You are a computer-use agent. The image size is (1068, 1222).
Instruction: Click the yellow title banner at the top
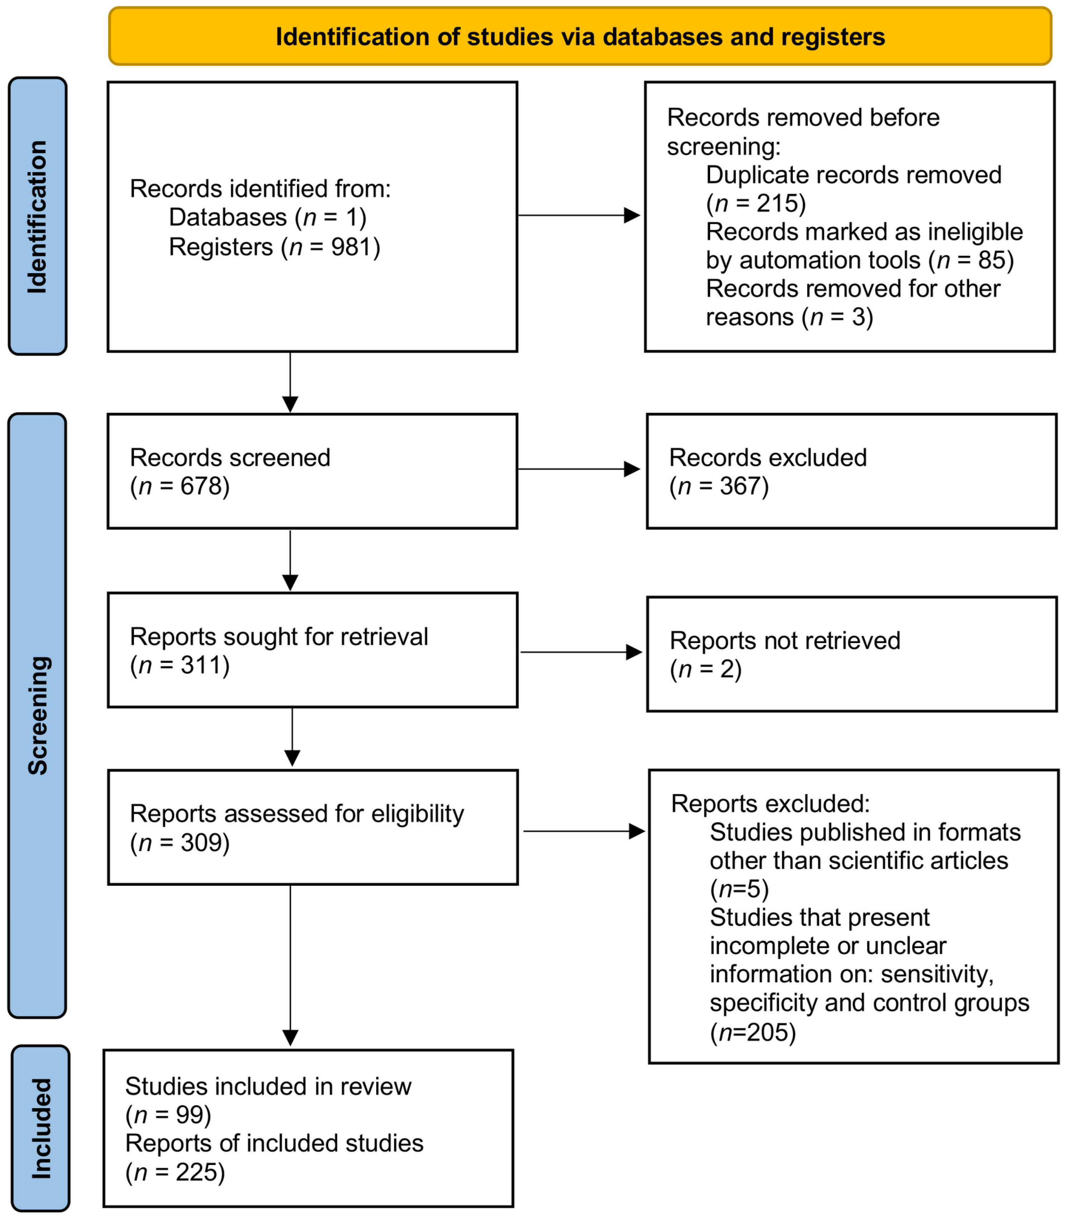580,36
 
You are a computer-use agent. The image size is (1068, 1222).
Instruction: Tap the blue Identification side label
38,216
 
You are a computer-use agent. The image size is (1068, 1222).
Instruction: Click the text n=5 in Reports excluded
739,889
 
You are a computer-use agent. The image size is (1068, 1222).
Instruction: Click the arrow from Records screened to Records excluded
578,469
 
